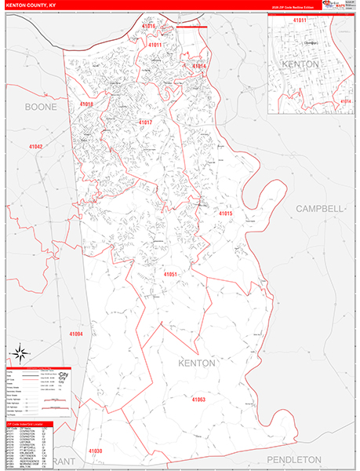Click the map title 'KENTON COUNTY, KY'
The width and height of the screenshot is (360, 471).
pyautogui.click(x=31, y=4)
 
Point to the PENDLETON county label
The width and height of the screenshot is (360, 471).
pyautogui.click(x=294, y=458)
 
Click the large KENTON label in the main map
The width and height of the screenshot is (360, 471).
pyautogui.click(x=196, y=363)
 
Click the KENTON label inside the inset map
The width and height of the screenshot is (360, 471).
pyautogui.click(x=300, y=63)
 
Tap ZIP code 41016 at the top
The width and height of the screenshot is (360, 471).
pyautogui.click(x=149, y=27)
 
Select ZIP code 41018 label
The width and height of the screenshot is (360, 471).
pyautogui.click(x=85, y=104)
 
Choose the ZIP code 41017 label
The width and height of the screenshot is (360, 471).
pyautogui.click(x=145, y=123)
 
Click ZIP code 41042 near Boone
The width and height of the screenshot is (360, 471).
pyautogui.click(x=36, y=147)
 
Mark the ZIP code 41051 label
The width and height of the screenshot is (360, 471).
pyautogui.click(x=170, y=274)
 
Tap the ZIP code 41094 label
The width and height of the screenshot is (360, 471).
pyautogui.click(x=75, y=334)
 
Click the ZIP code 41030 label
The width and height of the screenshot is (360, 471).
pyautogui.click(x=95, y=451)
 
